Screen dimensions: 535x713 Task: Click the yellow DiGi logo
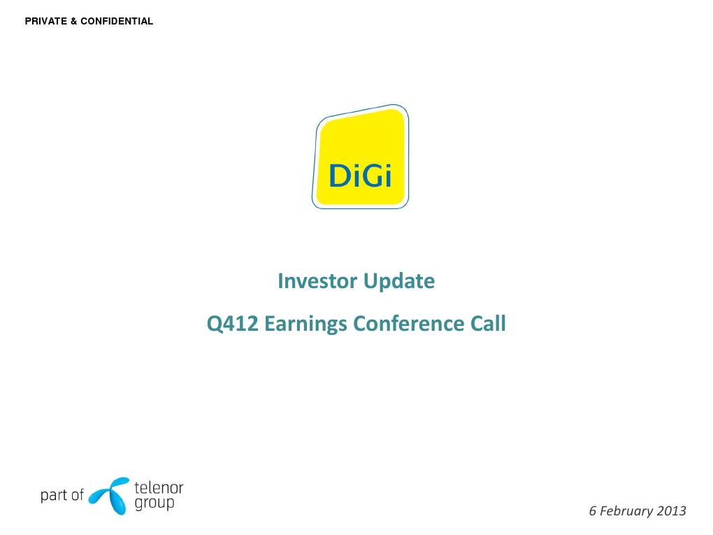[361, 157]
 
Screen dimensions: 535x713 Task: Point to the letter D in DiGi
[338, 176]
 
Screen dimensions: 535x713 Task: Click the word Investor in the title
[317, 281]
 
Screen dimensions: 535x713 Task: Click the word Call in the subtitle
[487, 324]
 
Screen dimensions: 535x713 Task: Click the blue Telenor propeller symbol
[110, 495]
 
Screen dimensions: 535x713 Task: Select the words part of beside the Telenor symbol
[62, 495]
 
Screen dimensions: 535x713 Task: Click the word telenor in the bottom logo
[158, 488]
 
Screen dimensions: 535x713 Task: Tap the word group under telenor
[154, 504]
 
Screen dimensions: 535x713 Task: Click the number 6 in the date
[593, 511]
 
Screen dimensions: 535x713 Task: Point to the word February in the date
[627, 511]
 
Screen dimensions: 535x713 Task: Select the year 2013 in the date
[672, 511]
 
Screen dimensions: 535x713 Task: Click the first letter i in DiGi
[354, 175]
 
